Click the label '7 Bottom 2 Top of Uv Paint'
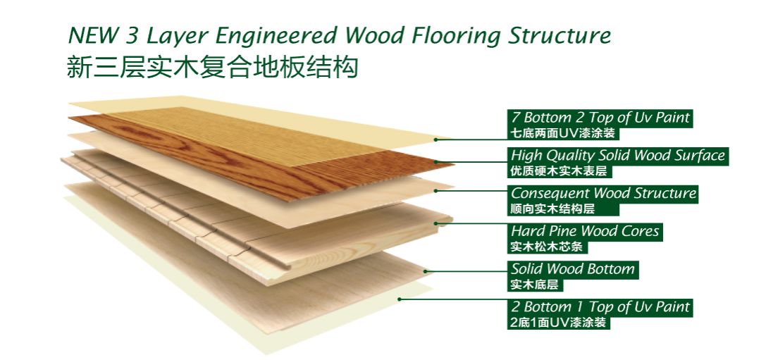click(600, 118)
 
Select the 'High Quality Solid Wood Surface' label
click(618, 156)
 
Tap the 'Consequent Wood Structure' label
click(603, 194)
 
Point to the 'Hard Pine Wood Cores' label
click(585, 232)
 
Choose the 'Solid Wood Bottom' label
click(573, 270)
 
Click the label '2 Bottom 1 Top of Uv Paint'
click(600, 308)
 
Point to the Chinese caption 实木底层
click(536, 285)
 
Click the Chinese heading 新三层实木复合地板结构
click(212, 68)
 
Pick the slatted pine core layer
click(211, 211)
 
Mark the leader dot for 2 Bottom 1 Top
click(400, 299)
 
